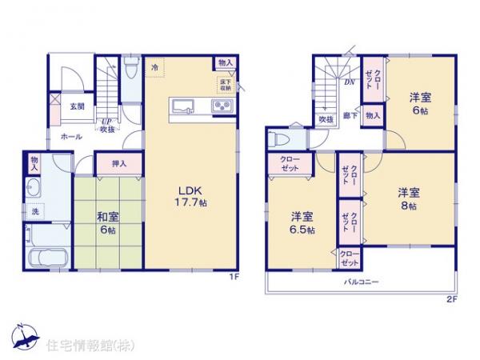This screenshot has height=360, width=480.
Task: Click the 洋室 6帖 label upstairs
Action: [418, 103]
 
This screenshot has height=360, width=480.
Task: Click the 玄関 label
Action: [77, 107]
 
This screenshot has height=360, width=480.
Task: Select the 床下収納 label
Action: [225, 83]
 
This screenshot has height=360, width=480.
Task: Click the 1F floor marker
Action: [235, 277]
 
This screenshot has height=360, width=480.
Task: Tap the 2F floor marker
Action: [451, 299]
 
